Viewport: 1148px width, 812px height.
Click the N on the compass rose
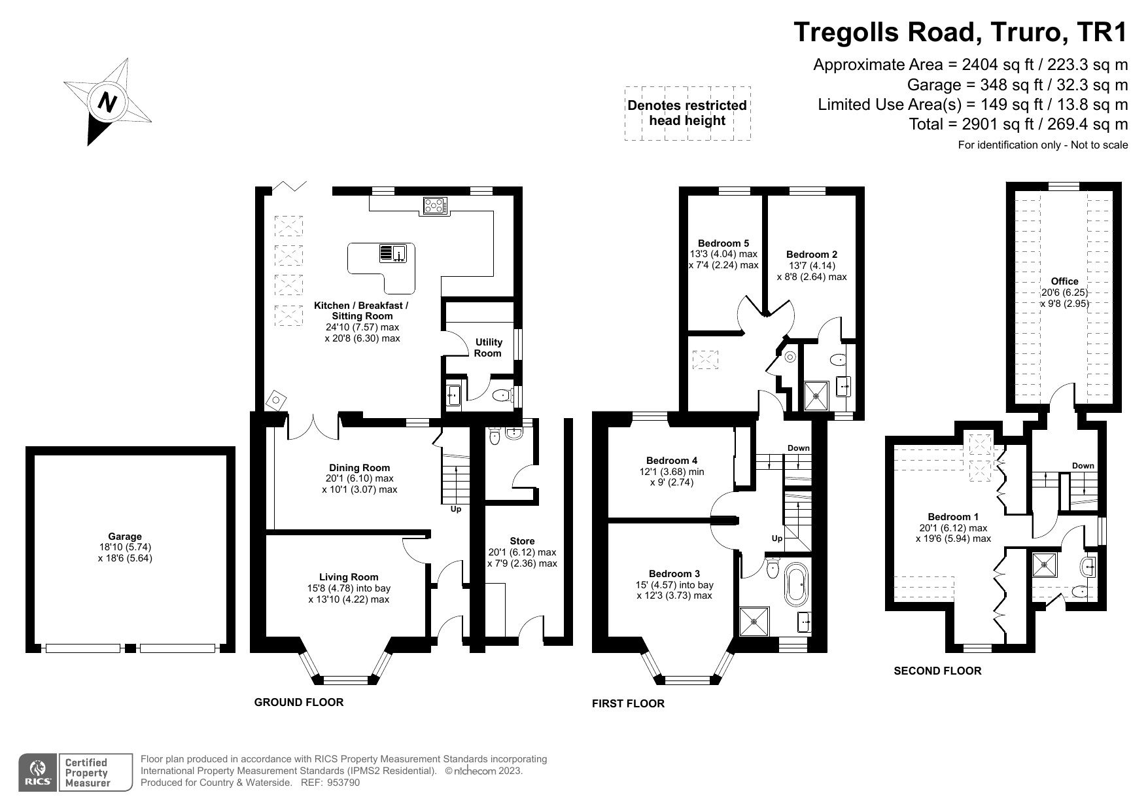[x=107, y=102]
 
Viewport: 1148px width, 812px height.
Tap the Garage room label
[x=125, y=536]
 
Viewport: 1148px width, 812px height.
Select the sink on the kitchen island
[x=394, y=253]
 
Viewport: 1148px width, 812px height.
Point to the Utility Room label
[x=488, y=347]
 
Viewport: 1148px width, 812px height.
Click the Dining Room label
[x=359, y=467]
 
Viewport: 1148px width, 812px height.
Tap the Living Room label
[x=349, y=576]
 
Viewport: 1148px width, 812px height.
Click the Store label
[x=522, y=540]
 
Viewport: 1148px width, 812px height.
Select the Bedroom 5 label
[x=723, y=243]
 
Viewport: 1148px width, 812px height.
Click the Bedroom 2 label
[x=811, y=254]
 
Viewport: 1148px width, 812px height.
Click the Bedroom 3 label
[x=674, y=573]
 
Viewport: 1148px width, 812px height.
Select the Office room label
[x=1064, y=281]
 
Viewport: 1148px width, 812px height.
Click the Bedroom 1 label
[x=953, y=516]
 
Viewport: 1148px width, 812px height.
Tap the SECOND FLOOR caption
[x=937, y=671]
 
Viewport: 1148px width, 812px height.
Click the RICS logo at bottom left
[x=37, y=773]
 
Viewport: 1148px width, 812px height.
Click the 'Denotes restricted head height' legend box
[x=687, y=113]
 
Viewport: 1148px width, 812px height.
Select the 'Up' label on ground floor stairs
[x=455, y=508]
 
